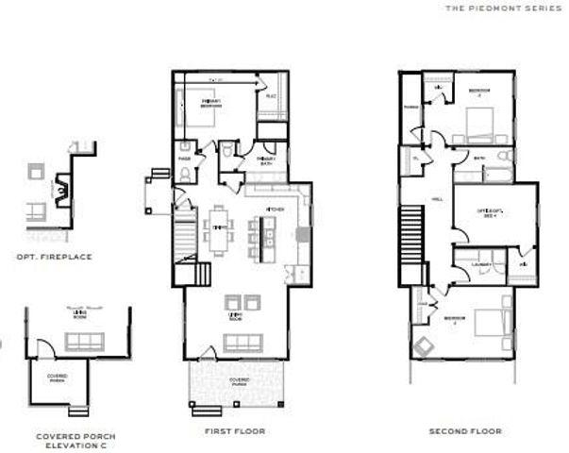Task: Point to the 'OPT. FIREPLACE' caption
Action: [54, 256]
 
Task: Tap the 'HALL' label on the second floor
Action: [437, 199]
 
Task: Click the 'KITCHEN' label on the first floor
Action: [275, 209]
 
